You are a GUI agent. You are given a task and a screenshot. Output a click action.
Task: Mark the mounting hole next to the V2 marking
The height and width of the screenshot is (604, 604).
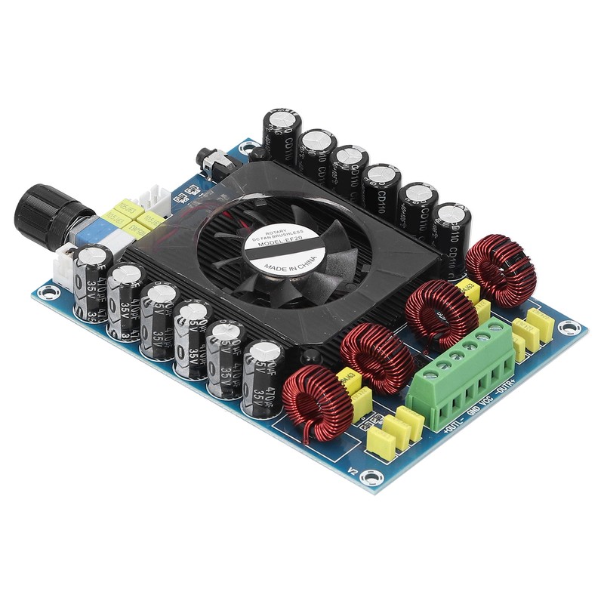point(371,477)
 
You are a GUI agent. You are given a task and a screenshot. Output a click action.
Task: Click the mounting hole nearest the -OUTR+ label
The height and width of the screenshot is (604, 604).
point(569,328)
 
